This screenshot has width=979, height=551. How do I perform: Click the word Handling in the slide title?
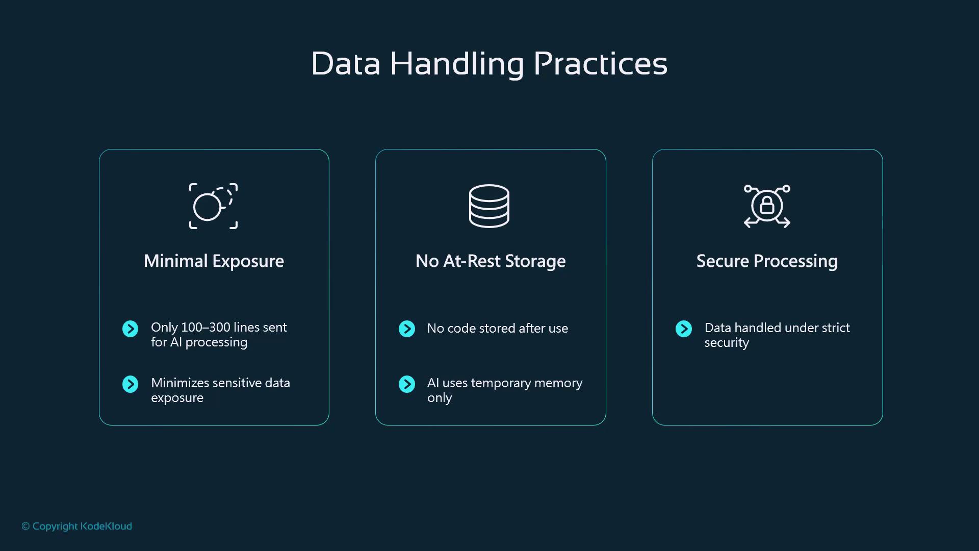pos(457,64)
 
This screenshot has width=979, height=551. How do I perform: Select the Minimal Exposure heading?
pos(214,261)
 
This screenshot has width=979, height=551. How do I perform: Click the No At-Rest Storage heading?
pos(491,261)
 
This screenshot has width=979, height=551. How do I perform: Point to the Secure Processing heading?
pos(767,261)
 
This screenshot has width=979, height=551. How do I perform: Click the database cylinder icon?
pos(489,206)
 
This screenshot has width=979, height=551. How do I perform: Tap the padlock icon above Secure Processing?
pos(767,206)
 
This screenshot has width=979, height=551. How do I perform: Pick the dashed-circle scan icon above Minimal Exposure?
pos(213,206)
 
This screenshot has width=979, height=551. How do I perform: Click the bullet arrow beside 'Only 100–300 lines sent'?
pos(131,329)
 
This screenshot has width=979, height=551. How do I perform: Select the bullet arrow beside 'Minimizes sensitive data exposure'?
pos(131,384)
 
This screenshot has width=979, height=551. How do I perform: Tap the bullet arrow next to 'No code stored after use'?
pos(407,329)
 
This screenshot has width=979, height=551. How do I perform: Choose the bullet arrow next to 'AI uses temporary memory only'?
pos(407,384)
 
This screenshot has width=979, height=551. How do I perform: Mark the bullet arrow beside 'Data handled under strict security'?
pos(684,329)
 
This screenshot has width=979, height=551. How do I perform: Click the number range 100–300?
pos(205,327)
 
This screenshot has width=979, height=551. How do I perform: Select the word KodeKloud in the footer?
pos(106,526)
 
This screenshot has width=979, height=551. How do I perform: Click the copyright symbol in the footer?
pos(25,527)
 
